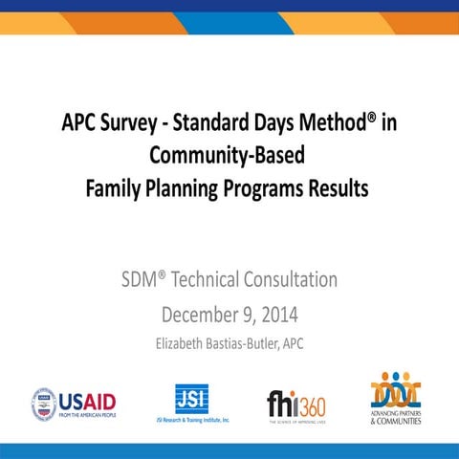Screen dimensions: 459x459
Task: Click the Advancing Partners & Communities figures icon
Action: click(x=397, y=389)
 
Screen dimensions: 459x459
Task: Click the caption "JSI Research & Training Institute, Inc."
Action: click(x=192, y=420)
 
